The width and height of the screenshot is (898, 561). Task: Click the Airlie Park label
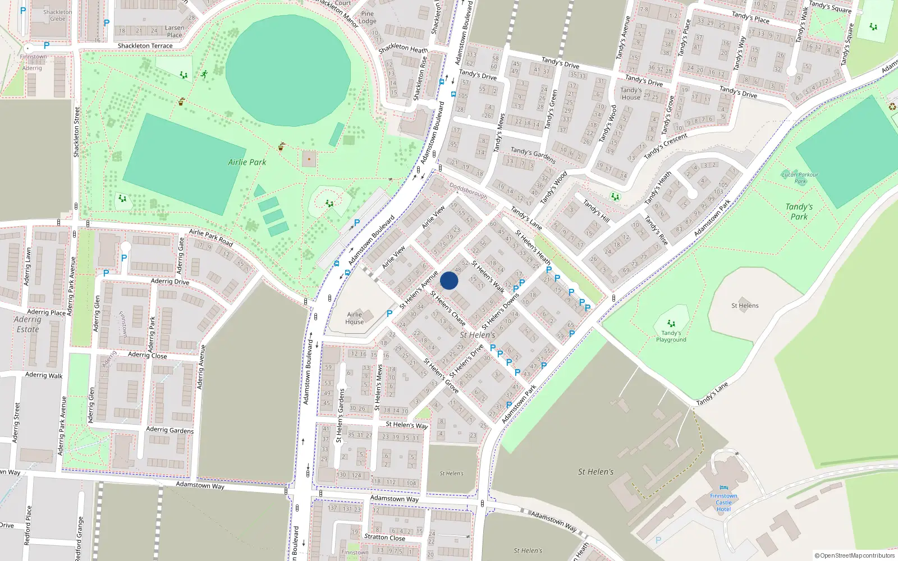[247, 162]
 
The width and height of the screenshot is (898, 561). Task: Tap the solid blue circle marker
[449, 281]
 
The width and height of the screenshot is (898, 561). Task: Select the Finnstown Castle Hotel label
[723, 502]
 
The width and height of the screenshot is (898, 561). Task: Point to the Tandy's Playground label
[671, 336]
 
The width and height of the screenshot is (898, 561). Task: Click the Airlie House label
[355, 318]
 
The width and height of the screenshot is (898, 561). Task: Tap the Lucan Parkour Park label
[800, 178]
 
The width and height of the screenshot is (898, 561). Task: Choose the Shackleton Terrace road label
[145, 46]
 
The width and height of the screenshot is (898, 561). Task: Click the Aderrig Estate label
[28, 324]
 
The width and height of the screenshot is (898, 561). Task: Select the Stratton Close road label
[384, 537]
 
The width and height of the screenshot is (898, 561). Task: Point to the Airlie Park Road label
[210, 237]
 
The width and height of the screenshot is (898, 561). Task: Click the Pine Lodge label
[368, 17]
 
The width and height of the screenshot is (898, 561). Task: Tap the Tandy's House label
[631, 93]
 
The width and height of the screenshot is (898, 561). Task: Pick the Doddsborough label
[468, 191]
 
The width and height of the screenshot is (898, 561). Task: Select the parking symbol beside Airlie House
[390, 314]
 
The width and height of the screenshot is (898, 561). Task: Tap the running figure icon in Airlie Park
[204, 74]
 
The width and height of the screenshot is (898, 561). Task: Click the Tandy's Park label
[799, 211]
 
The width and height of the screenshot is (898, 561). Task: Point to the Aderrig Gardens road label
[169, 430]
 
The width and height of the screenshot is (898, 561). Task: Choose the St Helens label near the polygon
[745, 306]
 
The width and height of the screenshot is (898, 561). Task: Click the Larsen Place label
[175, 31]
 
